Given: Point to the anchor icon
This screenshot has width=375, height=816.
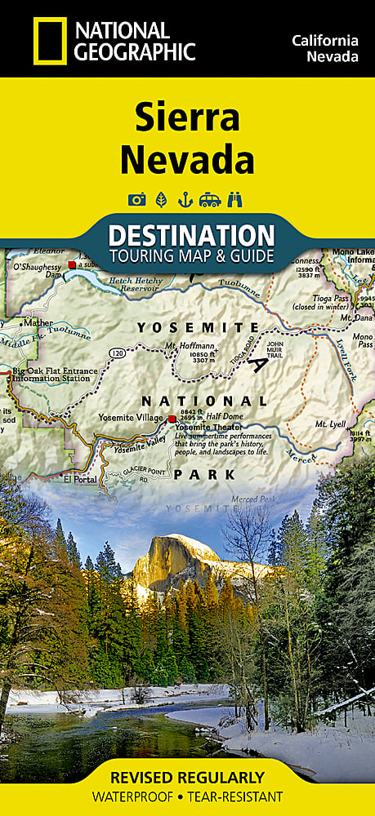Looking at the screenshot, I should (185, 199).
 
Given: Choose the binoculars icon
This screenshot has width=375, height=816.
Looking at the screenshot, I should (236, 199).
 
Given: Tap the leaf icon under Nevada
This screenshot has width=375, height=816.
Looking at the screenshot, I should (160, 199).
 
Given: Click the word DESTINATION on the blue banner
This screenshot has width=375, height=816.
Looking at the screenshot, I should (191, 236).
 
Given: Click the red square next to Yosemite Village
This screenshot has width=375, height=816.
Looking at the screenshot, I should (172, 419).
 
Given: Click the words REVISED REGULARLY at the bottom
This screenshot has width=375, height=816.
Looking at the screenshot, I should (187, 776).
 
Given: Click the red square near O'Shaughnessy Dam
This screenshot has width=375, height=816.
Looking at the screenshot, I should (71, 264).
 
